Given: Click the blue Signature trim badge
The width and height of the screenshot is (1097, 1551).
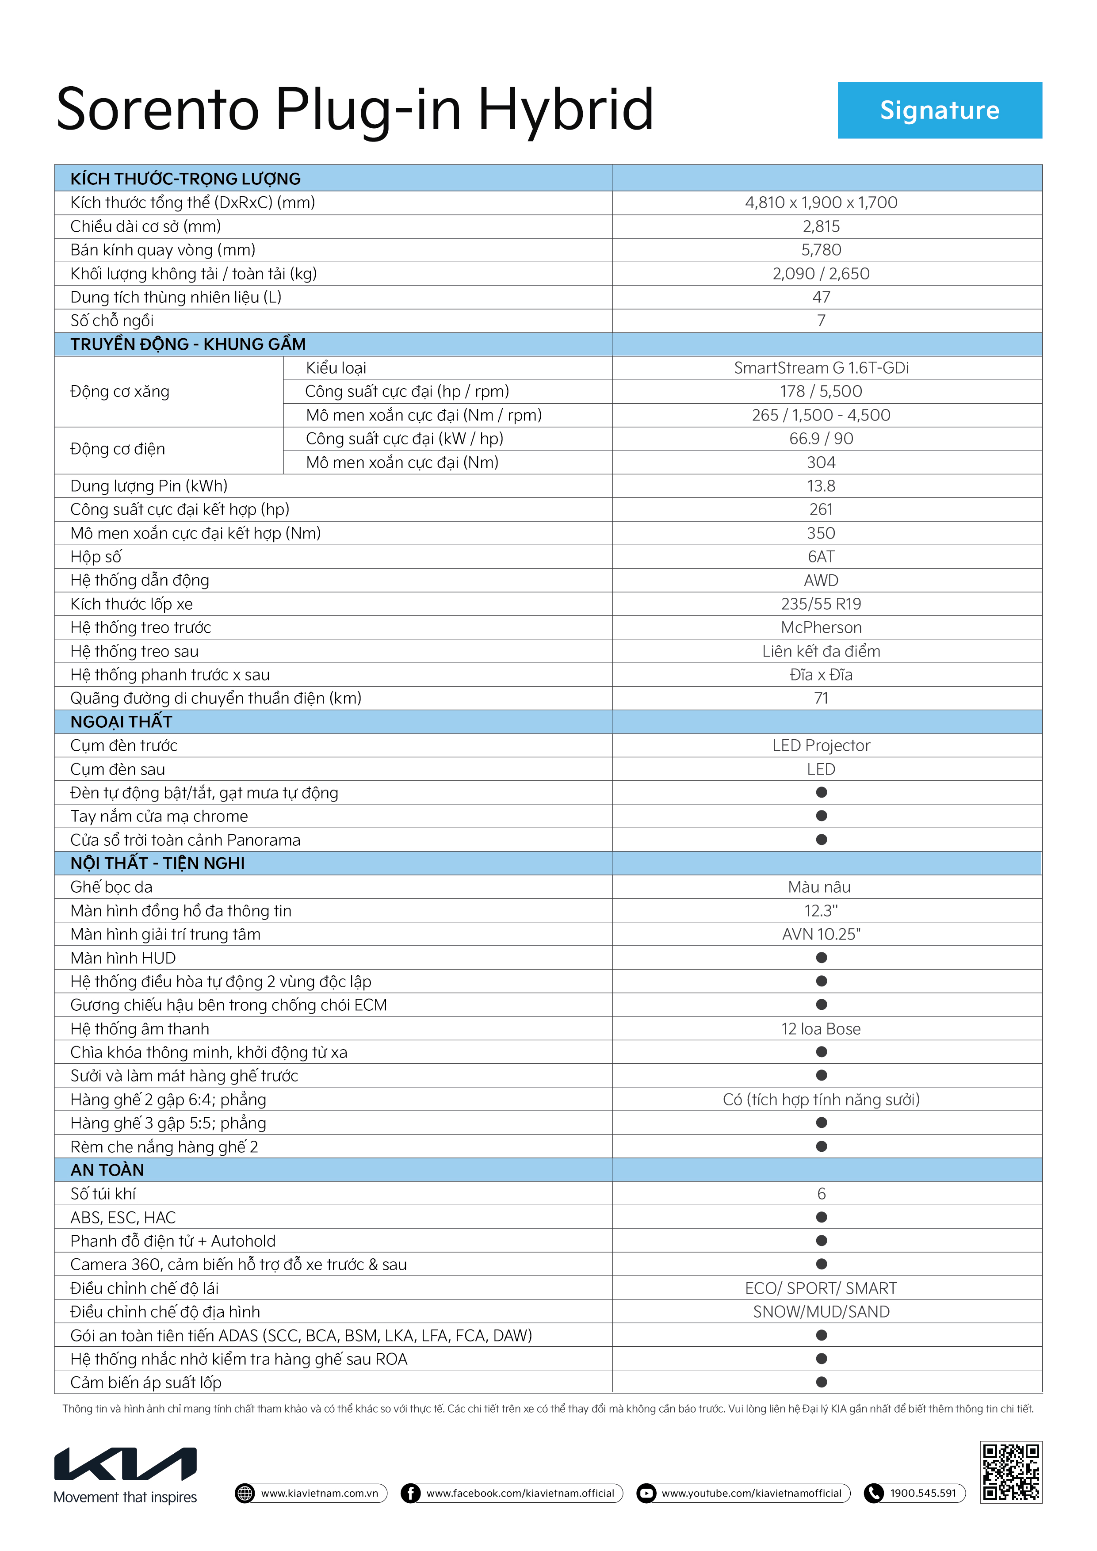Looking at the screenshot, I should pos(939,110).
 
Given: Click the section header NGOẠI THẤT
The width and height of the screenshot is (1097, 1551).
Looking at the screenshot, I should pos(122,722).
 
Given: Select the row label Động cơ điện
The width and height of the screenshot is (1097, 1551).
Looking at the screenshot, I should pos(118,449).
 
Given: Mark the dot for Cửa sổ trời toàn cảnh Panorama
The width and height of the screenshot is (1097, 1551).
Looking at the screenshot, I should pos(822,840).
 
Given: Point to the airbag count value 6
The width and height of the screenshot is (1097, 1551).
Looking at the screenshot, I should pos(822,1194).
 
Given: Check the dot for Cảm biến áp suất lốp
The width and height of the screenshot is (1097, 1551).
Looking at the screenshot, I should pos(822,1382).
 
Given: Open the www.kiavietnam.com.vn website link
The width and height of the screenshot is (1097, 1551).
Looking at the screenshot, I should pos(320,1493).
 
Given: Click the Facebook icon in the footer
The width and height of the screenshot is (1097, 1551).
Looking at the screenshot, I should pos(410,1493).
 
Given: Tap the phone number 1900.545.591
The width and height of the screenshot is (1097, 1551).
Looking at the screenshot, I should pos(923,1493).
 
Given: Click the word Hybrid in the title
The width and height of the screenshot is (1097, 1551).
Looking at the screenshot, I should pos(566,110).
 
